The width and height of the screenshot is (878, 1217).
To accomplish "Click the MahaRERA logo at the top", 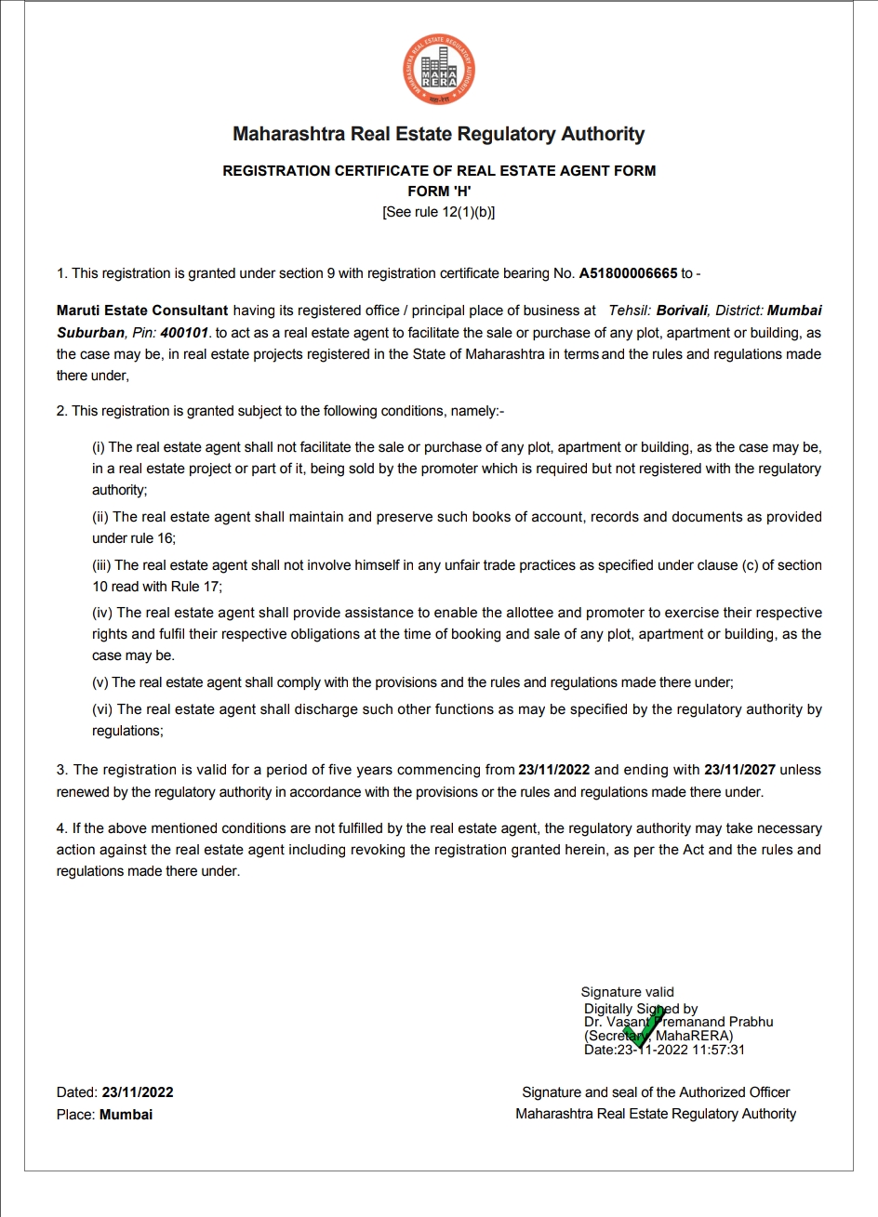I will click(439, 69).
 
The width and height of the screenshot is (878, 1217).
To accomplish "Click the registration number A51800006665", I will click(628, 273).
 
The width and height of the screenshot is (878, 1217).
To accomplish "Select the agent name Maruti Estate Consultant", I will click(142, 311).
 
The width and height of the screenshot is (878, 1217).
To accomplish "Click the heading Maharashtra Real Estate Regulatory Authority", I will click(439, 134).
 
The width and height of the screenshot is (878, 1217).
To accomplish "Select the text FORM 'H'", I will click(439, 191).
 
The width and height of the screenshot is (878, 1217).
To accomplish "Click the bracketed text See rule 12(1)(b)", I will click(439, 212).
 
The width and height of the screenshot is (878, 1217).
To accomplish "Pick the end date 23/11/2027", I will click(739, 770).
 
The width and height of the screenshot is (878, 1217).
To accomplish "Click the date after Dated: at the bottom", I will click(131, 1092).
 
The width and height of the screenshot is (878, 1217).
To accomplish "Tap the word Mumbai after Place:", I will click(126, 1114).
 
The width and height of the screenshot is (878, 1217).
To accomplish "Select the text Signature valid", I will click(627, 992).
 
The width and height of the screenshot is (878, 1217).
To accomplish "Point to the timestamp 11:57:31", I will click(718, 1050).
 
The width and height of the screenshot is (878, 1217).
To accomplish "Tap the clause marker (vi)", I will click(102, 709).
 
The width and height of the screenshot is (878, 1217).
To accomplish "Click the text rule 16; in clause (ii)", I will click(151, 538).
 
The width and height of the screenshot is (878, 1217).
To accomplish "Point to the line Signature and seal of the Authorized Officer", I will click(656, 1092).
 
